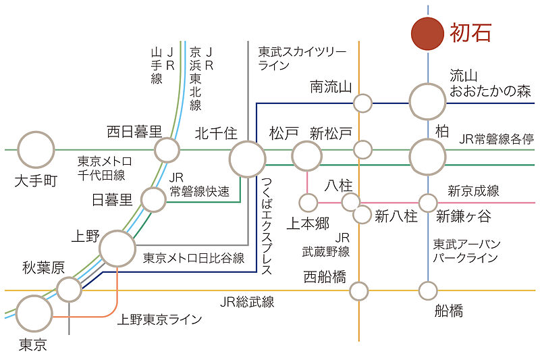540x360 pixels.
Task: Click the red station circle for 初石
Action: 428,33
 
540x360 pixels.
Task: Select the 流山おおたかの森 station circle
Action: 428,102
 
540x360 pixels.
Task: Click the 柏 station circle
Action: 428,157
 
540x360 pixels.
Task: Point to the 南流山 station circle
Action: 363,103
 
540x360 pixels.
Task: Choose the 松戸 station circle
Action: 307,157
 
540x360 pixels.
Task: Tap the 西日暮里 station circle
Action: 167,149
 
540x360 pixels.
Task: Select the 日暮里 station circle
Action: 153,200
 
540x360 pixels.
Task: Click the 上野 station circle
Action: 118,249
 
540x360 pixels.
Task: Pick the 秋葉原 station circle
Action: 69,290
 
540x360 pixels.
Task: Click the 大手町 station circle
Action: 36,150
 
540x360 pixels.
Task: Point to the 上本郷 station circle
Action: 308,202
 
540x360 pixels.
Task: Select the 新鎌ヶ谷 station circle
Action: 428,202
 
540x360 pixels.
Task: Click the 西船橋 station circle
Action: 358,291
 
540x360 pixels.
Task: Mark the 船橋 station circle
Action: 428,291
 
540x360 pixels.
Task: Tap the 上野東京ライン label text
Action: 160,319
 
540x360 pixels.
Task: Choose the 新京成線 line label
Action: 473,191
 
